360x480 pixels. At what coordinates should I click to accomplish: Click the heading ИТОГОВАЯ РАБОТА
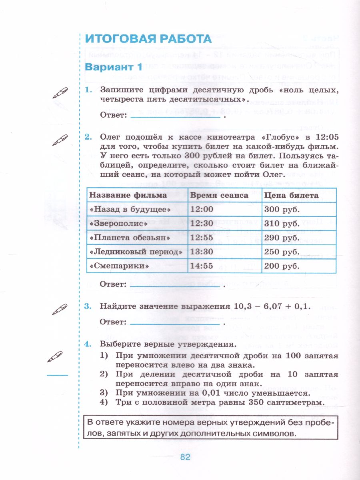click(x=148, y=39)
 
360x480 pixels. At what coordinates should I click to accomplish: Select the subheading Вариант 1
click(x=114, y=67)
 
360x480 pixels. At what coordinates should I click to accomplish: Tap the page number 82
click(x=185, y=457)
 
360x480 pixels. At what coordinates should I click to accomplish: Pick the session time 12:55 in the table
click(x=202, y=238)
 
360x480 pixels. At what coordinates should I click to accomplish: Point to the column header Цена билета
click(x=291, y=195)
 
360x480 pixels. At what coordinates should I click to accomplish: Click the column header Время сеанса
click(x=219, y=195)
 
